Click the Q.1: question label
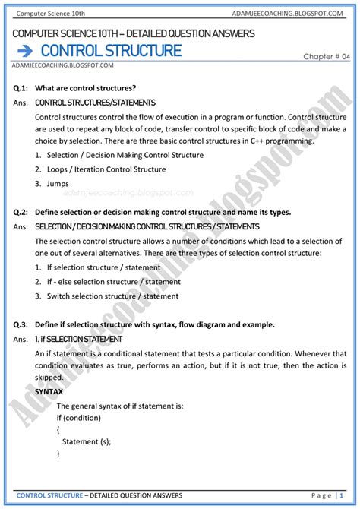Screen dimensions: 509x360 click(21, 88)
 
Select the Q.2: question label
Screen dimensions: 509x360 click(21, 212)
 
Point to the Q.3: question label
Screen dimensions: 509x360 click(21, 324)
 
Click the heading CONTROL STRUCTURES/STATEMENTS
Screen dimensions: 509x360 click(95, 103)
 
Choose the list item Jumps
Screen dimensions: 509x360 click(58, 184)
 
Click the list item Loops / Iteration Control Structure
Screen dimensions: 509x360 click(106, 169)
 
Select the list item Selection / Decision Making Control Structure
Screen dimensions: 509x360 click(125, 155)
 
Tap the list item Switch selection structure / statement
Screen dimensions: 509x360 click(112, 296)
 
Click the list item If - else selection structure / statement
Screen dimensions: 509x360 click(113, 282)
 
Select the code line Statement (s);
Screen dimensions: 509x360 click(87, 441)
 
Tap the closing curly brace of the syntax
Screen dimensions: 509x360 click(58, 453)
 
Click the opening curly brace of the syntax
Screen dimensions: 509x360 click(58, 430)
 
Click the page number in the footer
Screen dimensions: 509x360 click(340, 495)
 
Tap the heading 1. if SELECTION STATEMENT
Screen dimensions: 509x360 click(78, 339)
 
